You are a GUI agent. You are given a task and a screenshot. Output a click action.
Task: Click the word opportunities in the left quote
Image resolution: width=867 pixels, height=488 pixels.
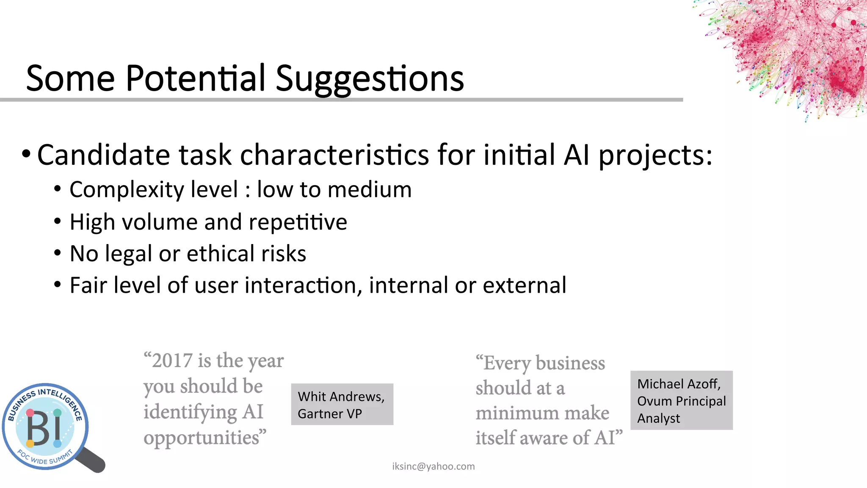click(204, 438)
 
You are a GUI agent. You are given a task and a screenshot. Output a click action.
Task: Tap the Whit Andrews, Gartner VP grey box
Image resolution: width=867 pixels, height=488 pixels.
click(342, 405)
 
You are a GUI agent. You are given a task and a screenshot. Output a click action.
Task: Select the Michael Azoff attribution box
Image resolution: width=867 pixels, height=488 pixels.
click(681, 400)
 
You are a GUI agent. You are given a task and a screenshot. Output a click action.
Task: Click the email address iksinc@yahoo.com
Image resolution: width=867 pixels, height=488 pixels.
click(433, 466)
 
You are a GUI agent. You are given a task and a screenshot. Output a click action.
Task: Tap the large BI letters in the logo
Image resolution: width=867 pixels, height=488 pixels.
click(44, 429)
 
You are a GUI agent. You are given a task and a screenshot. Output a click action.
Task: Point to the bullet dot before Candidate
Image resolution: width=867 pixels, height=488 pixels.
click(26, 153)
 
